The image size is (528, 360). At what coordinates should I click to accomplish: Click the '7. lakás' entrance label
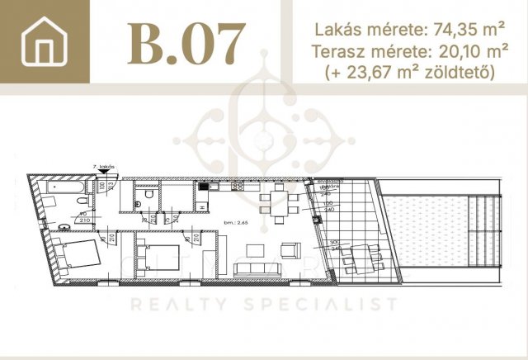[x=105, y=175]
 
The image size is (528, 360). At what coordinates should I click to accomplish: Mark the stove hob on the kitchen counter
[x=238, y=187]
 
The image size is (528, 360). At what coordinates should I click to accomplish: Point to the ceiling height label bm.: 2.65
[x=236, y=223]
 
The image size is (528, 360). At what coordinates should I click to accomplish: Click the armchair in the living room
[x=288, y=249]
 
